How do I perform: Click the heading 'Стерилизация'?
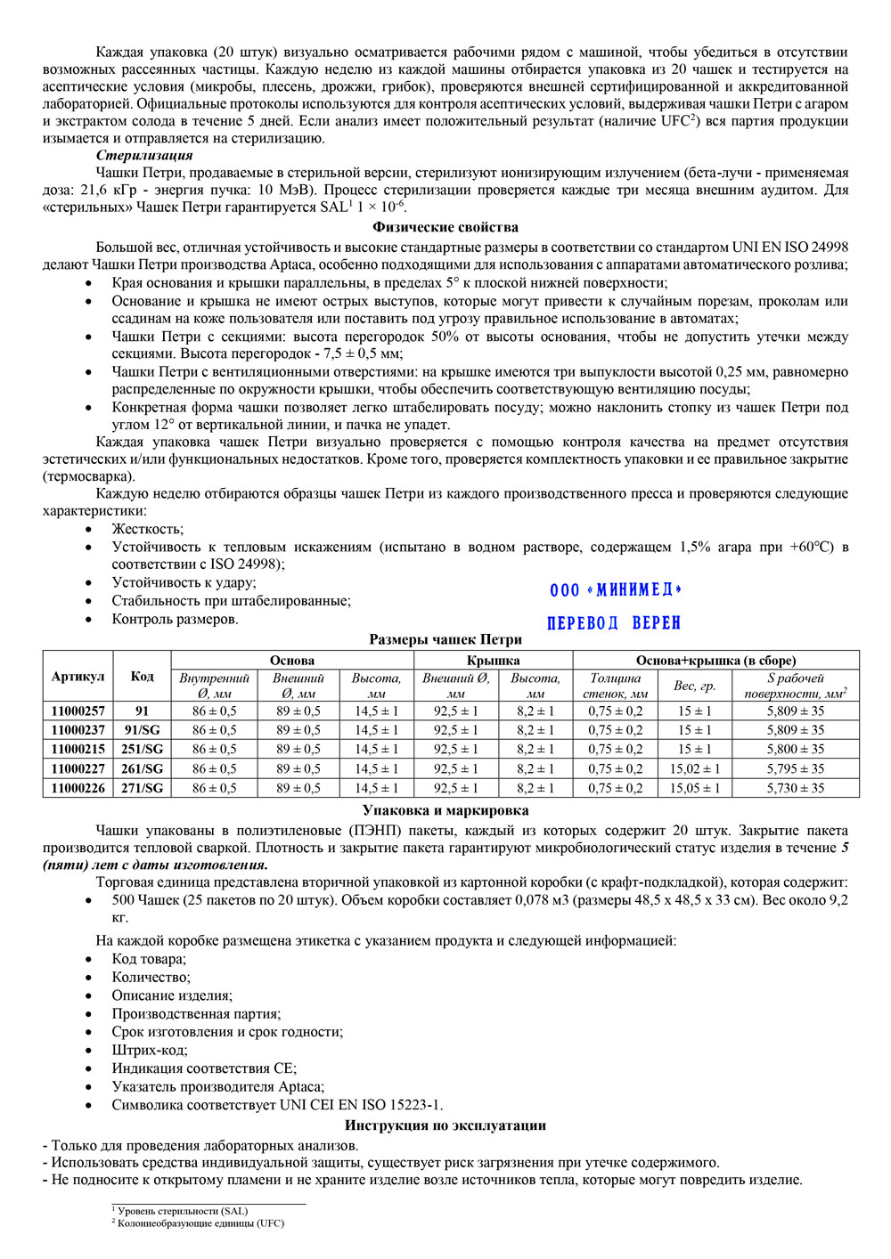point(144,156)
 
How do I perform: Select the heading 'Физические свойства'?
point(445,227)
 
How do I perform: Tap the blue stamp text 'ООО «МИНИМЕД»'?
point(616,590)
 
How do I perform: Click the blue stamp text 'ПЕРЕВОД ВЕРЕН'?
point(614,623)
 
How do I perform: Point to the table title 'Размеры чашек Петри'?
point(445,639)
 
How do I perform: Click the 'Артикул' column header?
point(78,677)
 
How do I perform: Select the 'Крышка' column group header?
point(493,660)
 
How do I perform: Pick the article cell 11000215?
point(78,750)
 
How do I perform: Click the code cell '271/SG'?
point(143,788)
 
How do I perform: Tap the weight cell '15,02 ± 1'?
point(695,769)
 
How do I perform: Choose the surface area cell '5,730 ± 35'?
point(795,788)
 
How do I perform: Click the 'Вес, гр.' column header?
point(695,686)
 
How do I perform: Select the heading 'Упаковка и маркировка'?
point(445,810)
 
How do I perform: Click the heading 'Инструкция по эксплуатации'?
point(445,1125)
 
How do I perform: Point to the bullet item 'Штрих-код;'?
point(150,1051)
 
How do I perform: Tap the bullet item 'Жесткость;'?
point(148,529)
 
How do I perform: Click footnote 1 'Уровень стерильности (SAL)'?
point(183,1211)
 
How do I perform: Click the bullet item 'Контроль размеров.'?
point(175,620)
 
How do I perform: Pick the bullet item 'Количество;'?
point(151,978)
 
